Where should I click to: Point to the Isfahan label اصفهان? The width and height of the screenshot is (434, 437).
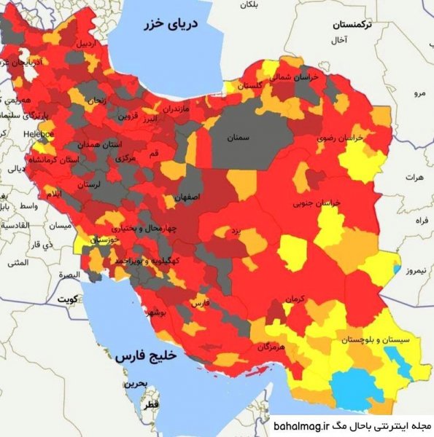click(x=187, y=197)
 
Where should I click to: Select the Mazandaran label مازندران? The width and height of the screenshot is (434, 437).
click(x=176, y=109)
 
